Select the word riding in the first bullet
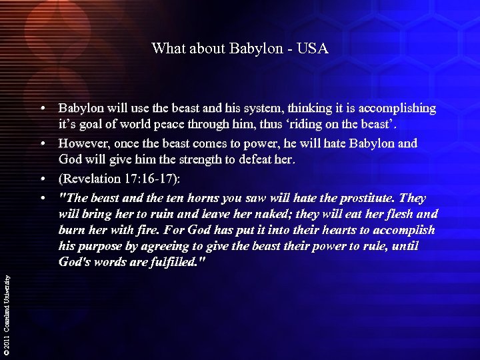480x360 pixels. [x=325, y=126]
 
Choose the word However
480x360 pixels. [x=84, y=144]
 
